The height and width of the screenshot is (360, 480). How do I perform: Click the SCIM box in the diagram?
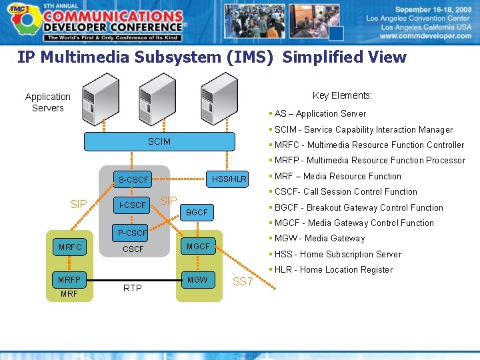pos(159,141)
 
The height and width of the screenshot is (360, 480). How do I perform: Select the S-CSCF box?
pos(133,179)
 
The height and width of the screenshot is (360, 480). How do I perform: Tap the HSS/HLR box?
pos(229,179)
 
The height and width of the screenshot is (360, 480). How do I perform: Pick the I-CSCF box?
pos(132,205)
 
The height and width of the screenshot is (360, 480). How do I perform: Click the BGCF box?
pos(197,213)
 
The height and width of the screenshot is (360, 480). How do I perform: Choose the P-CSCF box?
pos(132,233)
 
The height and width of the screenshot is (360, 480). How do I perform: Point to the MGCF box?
pos(198,247)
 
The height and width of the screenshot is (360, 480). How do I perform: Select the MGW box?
pos(197,279)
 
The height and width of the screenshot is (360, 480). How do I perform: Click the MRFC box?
pos(70,247)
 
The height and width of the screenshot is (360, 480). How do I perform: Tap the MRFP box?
pos(70,279)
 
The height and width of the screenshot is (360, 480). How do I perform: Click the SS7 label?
pos(243,282)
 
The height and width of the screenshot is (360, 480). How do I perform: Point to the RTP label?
pos(133,288)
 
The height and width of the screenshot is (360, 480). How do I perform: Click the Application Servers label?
pos(48,102)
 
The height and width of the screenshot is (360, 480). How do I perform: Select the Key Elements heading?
pos(343,96)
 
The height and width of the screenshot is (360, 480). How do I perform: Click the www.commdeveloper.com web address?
pos(427,37)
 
